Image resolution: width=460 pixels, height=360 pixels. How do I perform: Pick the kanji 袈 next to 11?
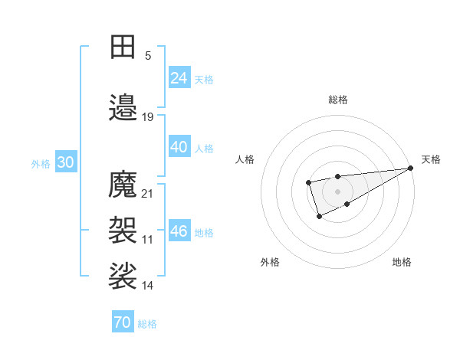coord(123,229)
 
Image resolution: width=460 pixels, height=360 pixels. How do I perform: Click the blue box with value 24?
coord(179,77)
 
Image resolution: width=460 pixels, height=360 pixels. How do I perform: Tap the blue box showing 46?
coord(179,231)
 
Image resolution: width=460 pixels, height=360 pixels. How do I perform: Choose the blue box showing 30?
coord(65,162)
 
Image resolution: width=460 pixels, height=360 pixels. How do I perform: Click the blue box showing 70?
coord(123,322)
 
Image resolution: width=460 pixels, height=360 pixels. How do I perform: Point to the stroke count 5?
coord(148,55)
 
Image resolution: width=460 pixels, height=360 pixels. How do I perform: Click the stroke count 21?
coord(148,193)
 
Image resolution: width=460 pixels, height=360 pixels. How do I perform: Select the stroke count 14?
coord(148,286)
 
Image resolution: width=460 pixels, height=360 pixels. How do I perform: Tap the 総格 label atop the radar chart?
coord(338,100)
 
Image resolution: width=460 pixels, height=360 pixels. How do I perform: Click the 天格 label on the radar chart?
coord(431,159)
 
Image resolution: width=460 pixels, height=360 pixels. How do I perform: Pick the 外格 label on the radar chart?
coord(270,262)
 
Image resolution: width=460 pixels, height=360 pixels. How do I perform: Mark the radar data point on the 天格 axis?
coord(410,169)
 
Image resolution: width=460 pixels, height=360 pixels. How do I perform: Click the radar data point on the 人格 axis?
coord(308,182)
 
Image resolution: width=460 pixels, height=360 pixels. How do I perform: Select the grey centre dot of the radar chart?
coord(337,191)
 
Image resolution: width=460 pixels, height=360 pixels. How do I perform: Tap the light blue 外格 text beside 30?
coord(41,163)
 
